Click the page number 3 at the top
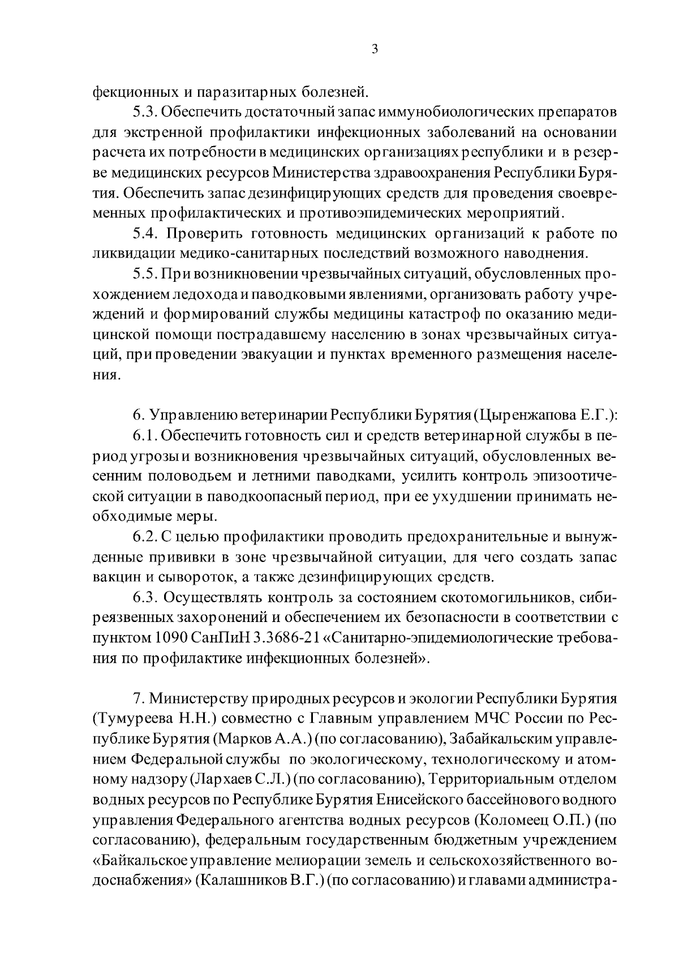point(375,49)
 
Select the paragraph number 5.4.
point(147,233)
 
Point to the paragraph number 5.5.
point(146,274)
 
